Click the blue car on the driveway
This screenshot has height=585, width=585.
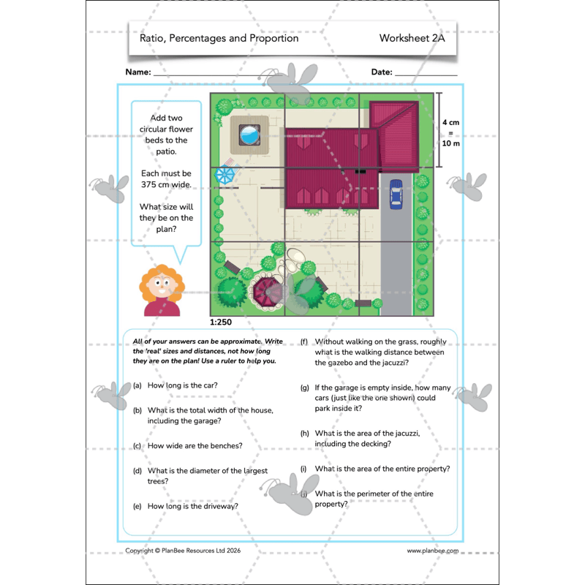coord(396,195)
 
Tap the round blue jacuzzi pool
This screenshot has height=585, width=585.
coord(249,135)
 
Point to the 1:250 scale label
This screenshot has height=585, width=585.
coord(222,322)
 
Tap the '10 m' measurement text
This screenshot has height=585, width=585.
coord(451,143)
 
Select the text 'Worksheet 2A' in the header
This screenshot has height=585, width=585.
coord(412,38)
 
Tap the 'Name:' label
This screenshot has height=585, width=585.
coord(138,72)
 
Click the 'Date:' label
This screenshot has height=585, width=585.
coord(382,72)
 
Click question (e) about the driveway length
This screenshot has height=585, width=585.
coord(192,505)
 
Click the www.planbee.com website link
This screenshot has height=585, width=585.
coord(433,551)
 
